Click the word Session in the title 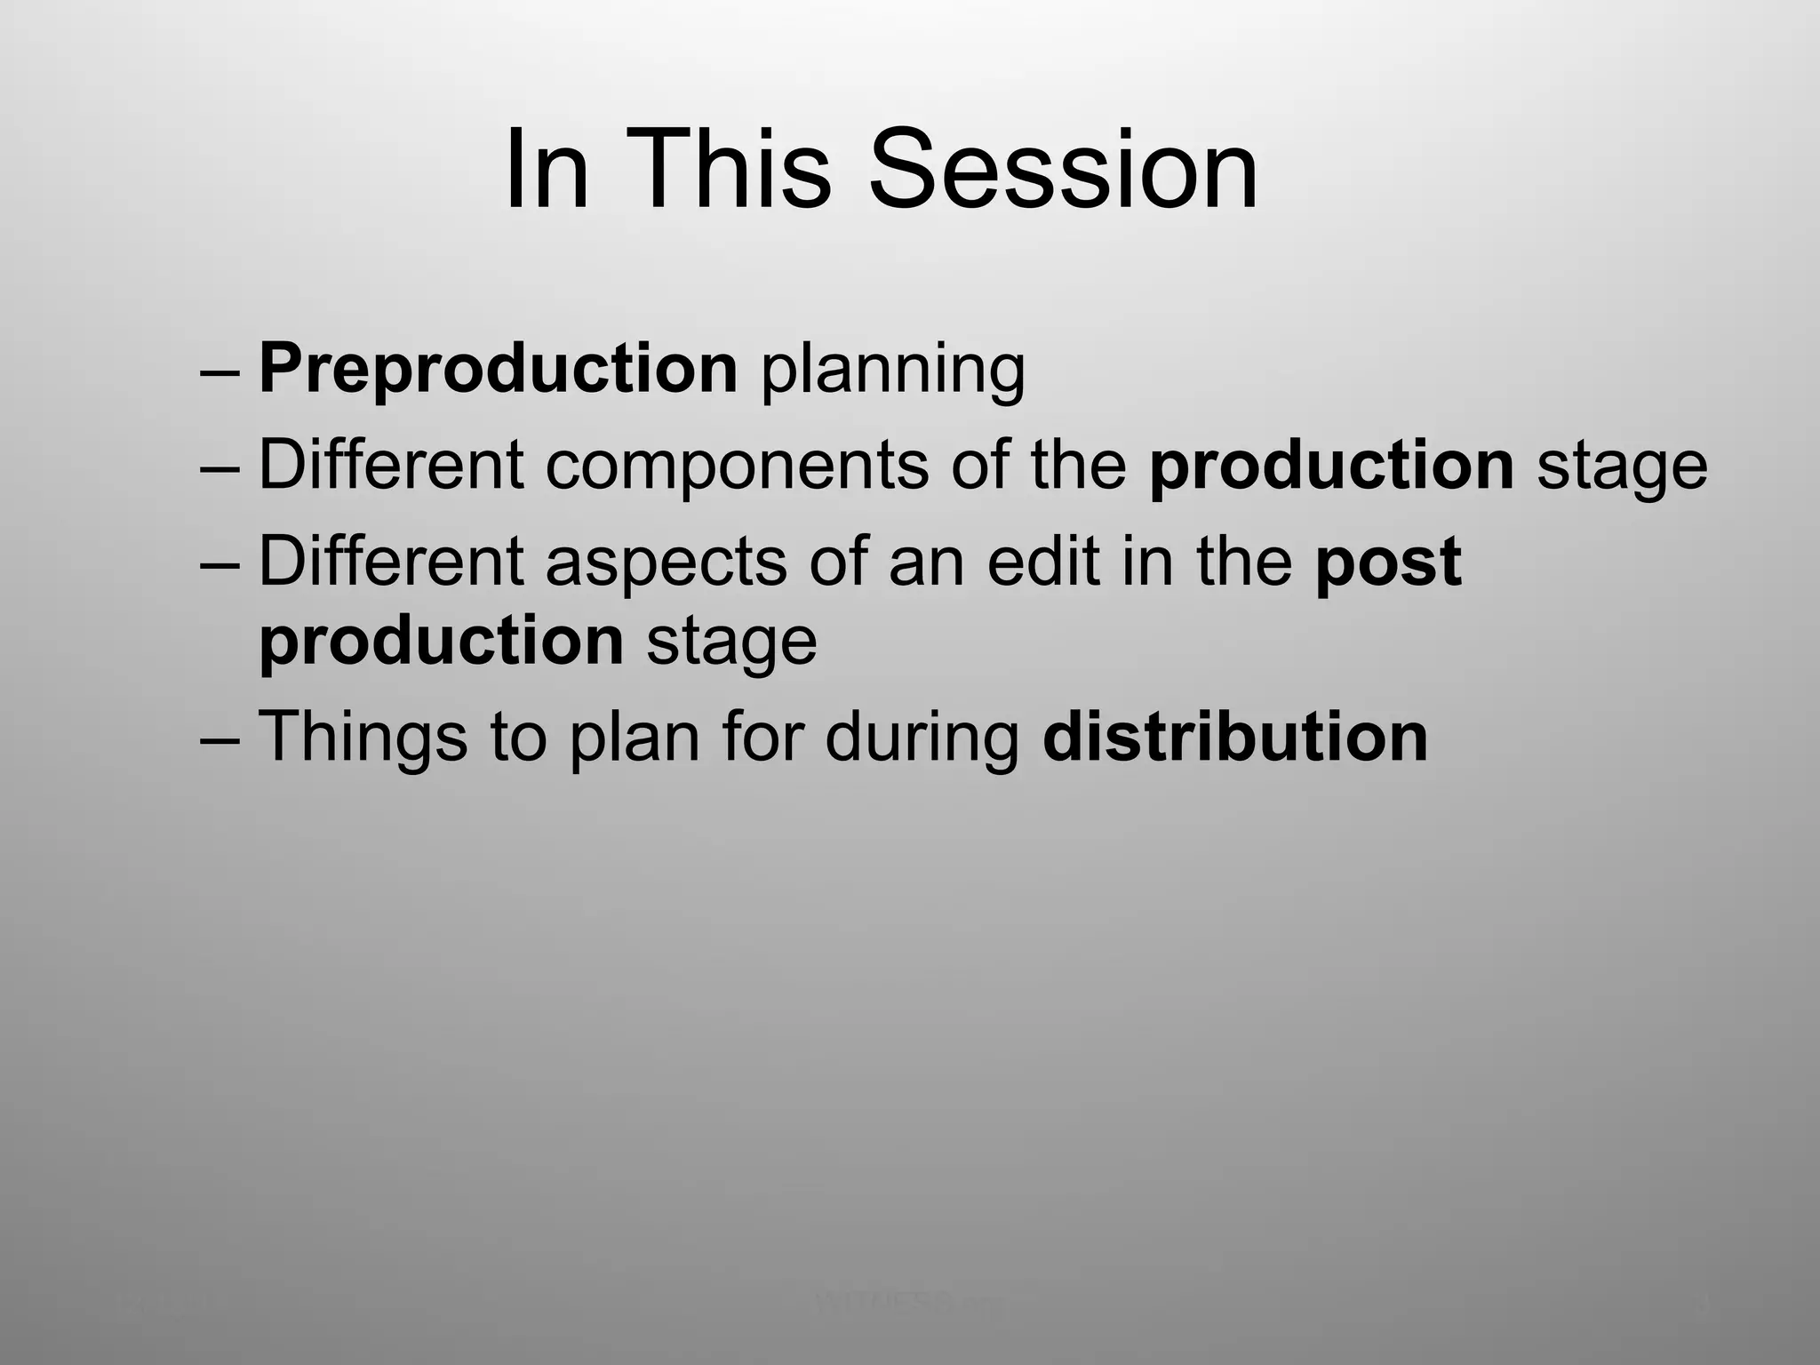1063,169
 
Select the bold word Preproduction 498,369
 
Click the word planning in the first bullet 892,371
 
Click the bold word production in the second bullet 1330,466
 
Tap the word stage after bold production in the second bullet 1621,470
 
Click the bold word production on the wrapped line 441,641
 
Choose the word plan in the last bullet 635,740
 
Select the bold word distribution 1234,737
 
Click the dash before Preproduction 220,371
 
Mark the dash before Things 220,740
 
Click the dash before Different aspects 220,564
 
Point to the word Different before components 391,466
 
